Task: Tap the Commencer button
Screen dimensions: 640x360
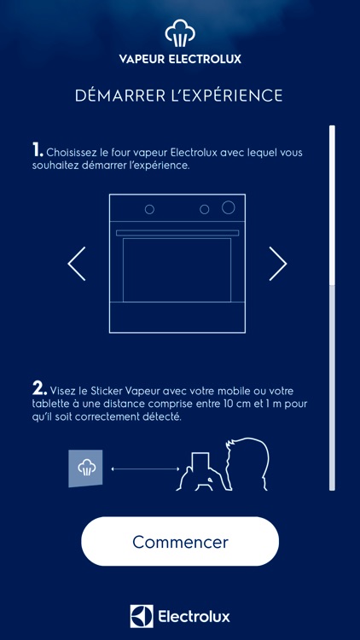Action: coord(180,542)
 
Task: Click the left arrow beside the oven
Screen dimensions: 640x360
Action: coord(77,264)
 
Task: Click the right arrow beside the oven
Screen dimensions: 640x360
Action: coord(278,264)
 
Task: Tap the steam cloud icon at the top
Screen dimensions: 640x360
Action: coord(179,37)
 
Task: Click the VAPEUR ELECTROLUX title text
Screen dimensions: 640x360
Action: coord(179,60)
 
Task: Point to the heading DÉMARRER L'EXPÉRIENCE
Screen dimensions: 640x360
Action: coord(179,96)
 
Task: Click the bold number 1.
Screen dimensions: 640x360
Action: coord(37,150)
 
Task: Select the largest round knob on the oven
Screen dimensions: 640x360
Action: coord(229,207)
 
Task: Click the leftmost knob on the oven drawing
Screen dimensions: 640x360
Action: coord(149,209)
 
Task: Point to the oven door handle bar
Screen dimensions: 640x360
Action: coord(177,232)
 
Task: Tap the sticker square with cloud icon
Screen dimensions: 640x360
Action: coord(85,468)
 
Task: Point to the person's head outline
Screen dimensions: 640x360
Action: coord(247,461)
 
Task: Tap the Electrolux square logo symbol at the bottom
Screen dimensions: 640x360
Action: coord(141,616)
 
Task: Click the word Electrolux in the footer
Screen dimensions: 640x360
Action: coord(194,616)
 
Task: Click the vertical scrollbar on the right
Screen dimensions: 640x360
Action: coord(332,307)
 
